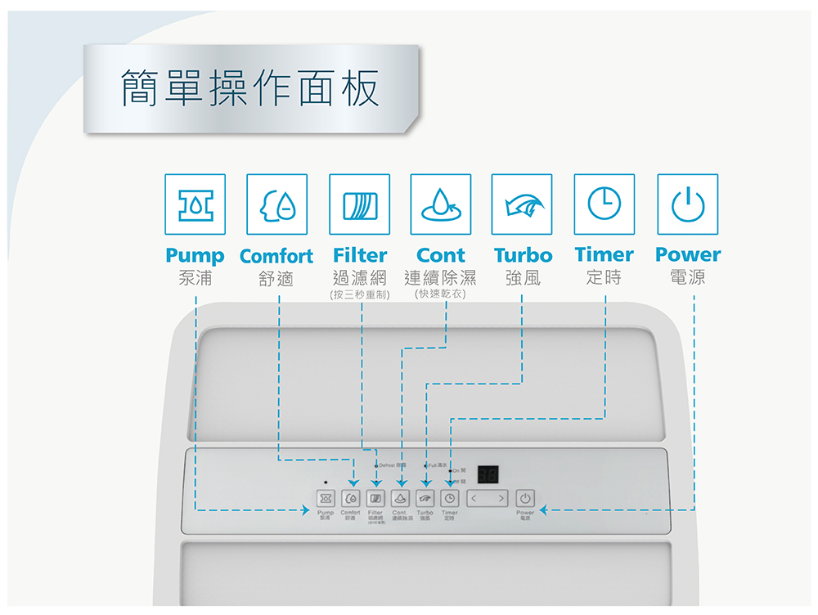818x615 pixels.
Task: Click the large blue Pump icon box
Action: click(x=195, y=204)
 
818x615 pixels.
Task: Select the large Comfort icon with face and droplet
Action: click(x=277, y=204)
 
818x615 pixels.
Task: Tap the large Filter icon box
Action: click(x=359, y=204)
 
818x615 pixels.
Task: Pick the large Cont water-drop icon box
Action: click(x=441, y=204)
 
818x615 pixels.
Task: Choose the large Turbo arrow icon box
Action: click(x=522, y=204)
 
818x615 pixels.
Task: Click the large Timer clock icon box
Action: click(x=605, y=204)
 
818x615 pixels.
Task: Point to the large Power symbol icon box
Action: click(x=687, y=204)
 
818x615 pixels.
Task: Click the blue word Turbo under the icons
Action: click(x=523, y=255)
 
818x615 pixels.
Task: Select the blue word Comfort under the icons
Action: click(x=276, y=256)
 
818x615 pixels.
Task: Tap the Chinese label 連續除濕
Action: click(x=440, y=278)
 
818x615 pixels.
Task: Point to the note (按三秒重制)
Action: click(x=359, y=294)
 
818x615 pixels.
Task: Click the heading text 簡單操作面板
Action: click(x=250, y=88)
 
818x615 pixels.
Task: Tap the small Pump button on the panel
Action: click(x=326, y=498)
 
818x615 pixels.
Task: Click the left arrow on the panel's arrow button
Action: click(x=474, y=498)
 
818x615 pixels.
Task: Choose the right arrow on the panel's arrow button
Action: click(x=501, y=498)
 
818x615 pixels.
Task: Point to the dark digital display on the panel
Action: click(x=488, y=475)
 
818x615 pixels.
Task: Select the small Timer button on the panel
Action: click(x=449, y=498)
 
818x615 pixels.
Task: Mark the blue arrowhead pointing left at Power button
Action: click(x=544, y=511)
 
